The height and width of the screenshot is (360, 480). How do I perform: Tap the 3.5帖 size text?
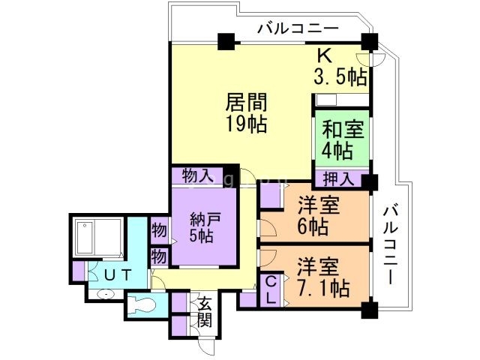(x=340, y=76)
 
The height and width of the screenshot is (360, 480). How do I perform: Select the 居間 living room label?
(x=247, y=102)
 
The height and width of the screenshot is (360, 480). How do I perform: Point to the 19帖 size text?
(x=247, y=124)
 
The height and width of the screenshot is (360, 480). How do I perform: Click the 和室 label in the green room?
(x=343, y=129)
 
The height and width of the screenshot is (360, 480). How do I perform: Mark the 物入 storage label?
(x=198, y=176)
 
